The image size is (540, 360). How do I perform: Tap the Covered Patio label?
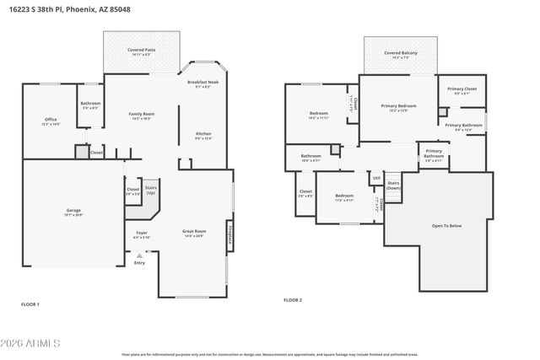click(x=141, y=51)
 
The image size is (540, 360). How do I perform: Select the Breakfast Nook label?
click(x=202, y=83)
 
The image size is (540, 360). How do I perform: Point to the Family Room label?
click(x=141, y=114)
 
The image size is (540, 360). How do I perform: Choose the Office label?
click(x=51, y=120)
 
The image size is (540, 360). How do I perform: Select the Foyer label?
click(x=141, y=232)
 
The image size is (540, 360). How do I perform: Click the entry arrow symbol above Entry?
click(x=139, y=255)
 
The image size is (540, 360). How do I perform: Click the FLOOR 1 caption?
click(x=30, y=304)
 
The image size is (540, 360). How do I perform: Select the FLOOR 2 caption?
click(x=292, y=300)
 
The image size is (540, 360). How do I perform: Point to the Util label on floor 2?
click(x=375, y=177)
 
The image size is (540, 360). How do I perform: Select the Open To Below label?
click(x=446, y=225)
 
